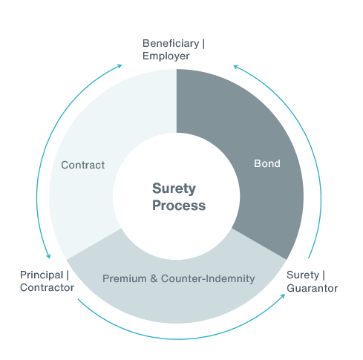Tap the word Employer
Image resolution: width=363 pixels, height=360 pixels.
[x=166, y=56]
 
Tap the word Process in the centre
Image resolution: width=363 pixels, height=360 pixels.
[x=179, y=206]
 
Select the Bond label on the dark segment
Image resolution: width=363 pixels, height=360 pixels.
[x=267, y=163]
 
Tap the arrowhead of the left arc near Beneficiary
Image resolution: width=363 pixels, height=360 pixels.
[x=120, y=66]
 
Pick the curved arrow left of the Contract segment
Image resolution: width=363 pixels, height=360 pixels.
[x=37, y=171]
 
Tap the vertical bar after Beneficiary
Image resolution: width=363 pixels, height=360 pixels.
[x=203, y=43]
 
